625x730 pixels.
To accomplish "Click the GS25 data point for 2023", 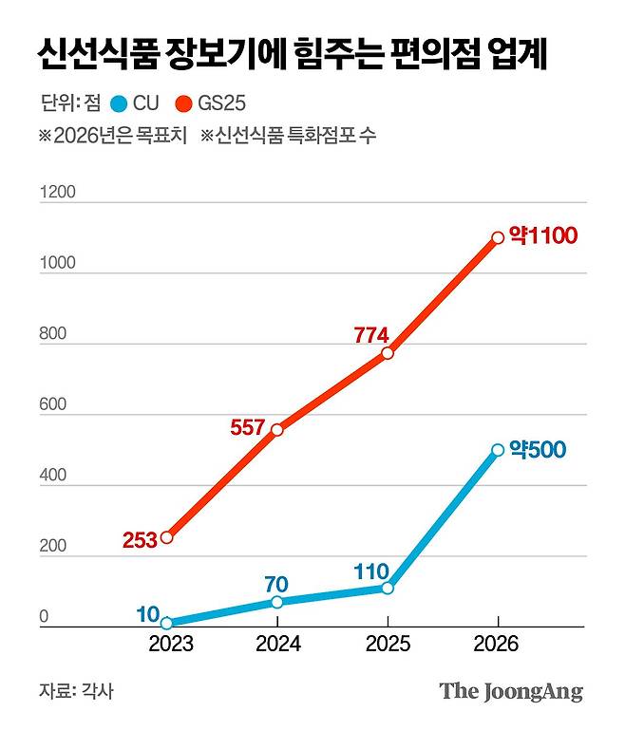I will click(x=167, y=537).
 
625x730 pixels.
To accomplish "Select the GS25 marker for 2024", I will click(x=277, y=430).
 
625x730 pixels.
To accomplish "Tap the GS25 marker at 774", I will click(x=388, y=353).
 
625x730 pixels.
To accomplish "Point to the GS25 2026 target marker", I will click(x=498, y=237).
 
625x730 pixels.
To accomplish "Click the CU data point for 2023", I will click(x=167, y=624).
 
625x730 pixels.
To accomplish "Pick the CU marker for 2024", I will click(x=277, y=602).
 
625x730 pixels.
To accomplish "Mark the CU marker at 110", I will click(x=388, y=588).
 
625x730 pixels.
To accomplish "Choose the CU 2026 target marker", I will click(x=498, y=450).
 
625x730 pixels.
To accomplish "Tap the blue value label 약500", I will click(x=540, y=447).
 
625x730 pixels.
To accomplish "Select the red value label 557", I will click(x=248, y=427).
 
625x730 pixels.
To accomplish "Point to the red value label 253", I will click(x=139, y=540).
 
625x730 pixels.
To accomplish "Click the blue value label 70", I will click(x=276, y=583).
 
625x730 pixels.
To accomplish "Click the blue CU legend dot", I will click(x=118, y=103).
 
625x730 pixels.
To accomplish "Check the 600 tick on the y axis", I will click(x=52, y=406).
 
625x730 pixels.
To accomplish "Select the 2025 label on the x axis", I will click(x=388, y=645).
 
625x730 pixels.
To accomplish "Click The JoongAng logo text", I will click(x=510, y=691).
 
